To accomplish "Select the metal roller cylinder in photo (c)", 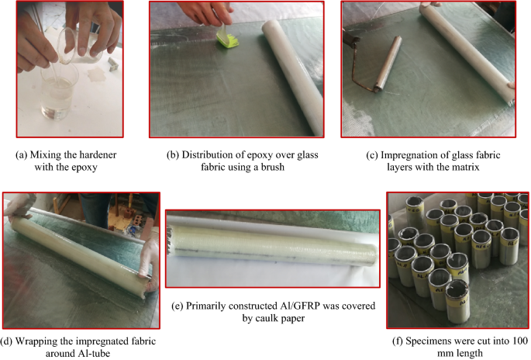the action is [388, 64].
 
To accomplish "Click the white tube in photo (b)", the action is [293, 76].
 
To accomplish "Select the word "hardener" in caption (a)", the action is [95, 155].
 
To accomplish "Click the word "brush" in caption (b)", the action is [272, 167].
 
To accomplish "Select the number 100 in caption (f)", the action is [519, 341].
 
